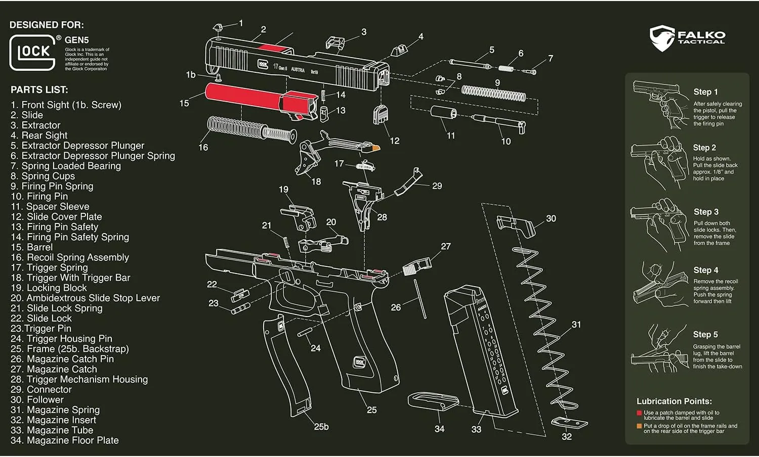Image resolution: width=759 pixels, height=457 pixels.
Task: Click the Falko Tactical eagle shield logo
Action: (662, 38)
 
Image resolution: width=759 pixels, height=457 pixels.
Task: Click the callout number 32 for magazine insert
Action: (567, 436)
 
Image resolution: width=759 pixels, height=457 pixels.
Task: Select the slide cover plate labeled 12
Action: (380, 114)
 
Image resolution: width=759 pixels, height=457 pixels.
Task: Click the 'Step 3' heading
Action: (706, 212)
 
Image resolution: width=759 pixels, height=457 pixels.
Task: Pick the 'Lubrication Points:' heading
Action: (674, 401)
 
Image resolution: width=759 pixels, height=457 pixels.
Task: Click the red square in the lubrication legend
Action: (640, 413)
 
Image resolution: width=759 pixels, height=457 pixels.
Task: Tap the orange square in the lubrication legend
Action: (640, 426)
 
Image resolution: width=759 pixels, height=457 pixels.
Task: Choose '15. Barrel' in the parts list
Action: (32, 247)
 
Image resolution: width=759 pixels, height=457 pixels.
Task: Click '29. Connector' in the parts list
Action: (41, 389)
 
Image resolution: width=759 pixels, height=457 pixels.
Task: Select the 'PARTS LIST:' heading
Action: (39, 90)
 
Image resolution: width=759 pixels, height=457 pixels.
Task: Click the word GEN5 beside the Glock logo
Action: (76, 40)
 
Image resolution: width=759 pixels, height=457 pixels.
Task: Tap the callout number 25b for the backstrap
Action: (321, 427)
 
